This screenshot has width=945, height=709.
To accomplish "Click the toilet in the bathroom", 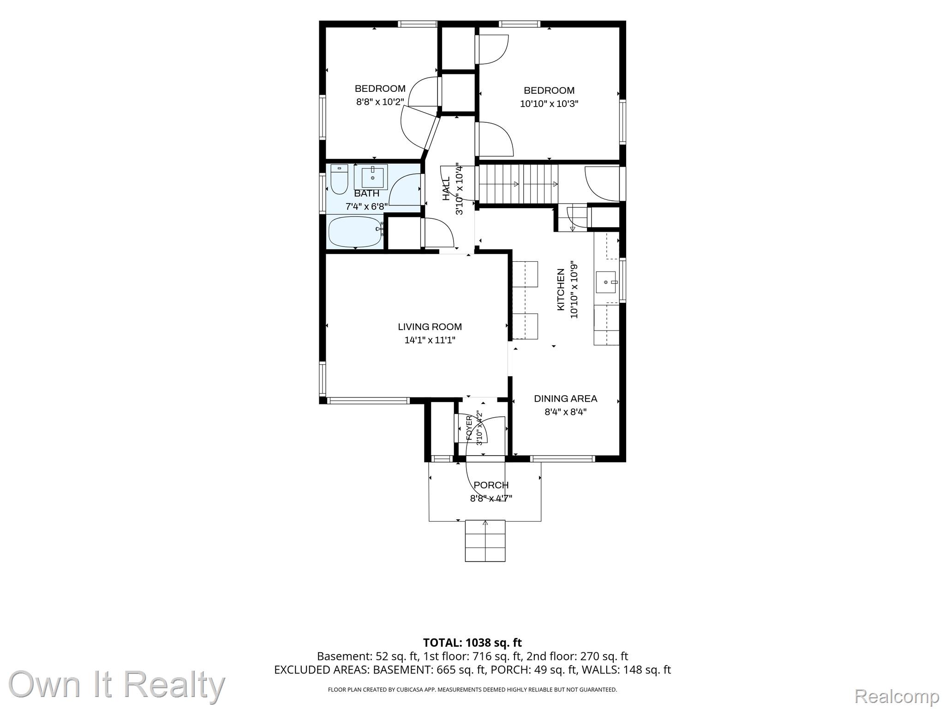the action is click(339, 180).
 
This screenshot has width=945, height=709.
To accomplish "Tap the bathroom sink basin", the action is click(372, 176).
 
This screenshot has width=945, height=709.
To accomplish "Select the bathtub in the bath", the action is click(355, 232).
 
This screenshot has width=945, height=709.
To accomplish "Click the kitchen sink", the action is click(606, 282).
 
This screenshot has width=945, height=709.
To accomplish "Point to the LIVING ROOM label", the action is click(430, 327).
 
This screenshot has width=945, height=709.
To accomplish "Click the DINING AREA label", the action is click(565, 398).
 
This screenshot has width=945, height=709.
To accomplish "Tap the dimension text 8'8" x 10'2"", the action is click(380, 102).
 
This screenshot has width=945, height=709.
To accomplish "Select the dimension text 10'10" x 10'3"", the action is click(549, 104).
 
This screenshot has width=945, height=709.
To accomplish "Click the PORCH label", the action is click(491, 485).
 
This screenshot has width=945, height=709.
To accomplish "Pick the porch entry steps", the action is click(485, 541).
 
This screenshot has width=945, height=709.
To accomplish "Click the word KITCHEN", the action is click(561, 289).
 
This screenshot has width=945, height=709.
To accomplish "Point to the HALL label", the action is click(446, 189).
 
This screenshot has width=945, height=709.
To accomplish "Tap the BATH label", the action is click(366, 193).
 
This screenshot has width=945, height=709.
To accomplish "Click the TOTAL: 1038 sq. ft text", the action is click(472, 643).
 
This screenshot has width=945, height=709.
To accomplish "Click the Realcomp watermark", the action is click(897, 696).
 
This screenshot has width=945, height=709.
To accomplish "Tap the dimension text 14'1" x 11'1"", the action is click(430, 340).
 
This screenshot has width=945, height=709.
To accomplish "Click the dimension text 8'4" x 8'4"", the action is click(565, 412).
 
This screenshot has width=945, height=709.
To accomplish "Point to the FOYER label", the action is click(469, 428).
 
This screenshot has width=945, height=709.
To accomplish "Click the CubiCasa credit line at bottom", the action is click(472, 690).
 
